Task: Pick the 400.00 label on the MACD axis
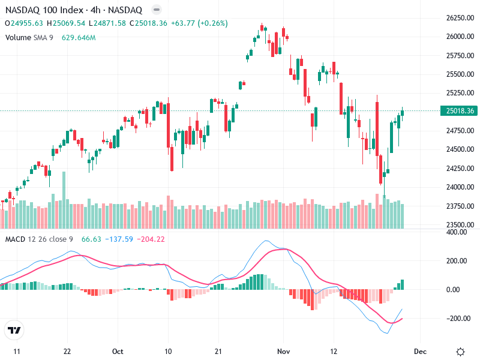(x=455, y=232)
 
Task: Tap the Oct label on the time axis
(x=118, y=351)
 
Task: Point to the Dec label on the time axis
(x=420, y=351)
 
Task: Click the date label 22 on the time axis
(x=67, y=351)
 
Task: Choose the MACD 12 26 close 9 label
(x=39, y=239)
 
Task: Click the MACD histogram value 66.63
(x=91, y=239)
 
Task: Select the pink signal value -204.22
(x=151, y=239)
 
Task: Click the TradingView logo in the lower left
(x=14, y=331)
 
